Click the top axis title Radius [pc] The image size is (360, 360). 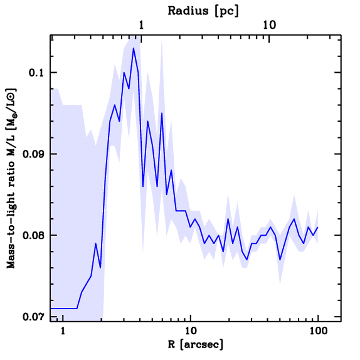point(203,11)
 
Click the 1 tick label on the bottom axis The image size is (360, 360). point(63,332)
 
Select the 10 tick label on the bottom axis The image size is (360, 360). point(190,332)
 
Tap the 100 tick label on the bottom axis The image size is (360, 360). point(317,332)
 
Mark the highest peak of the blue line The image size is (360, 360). point(134,48)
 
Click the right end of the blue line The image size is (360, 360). point(317,227)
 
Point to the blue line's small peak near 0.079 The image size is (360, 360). point(96,243)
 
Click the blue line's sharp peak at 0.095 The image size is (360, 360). point(162,113)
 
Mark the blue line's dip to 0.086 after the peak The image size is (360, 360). point(143,186)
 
